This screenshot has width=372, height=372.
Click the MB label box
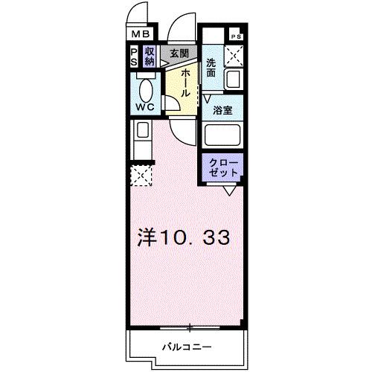tap(141, 34)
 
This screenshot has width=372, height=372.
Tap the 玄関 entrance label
tap(178, 53)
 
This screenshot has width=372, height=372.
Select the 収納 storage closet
tap(150, 57)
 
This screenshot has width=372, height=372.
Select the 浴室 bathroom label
tap(222, 111)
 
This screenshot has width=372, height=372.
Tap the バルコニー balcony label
tap(187, 347)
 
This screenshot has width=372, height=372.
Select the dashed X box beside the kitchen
tap(141, 176)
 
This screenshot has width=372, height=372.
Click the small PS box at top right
tap(236, 36)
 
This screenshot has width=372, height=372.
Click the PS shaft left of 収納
tap(134, 57)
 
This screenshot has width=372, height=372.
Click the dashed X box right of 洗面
tap(236, 54)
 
